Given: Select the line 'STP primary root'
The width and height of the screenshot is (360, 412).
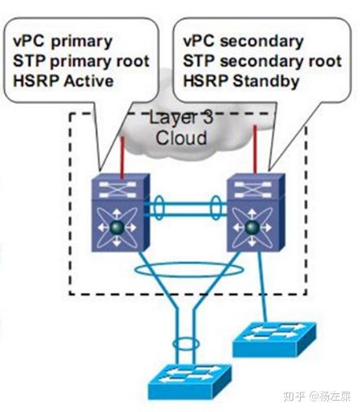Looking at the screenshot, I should (79, 60).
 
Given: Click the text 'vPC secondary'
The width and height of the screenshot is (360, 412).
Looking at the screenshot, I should (243, 41).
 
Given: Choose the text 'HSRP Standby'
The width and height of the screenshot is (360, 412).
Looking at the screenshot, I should (242, 80).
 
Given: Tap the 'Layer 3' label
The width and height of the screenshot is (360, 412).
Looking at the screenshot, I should (180, 118).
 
